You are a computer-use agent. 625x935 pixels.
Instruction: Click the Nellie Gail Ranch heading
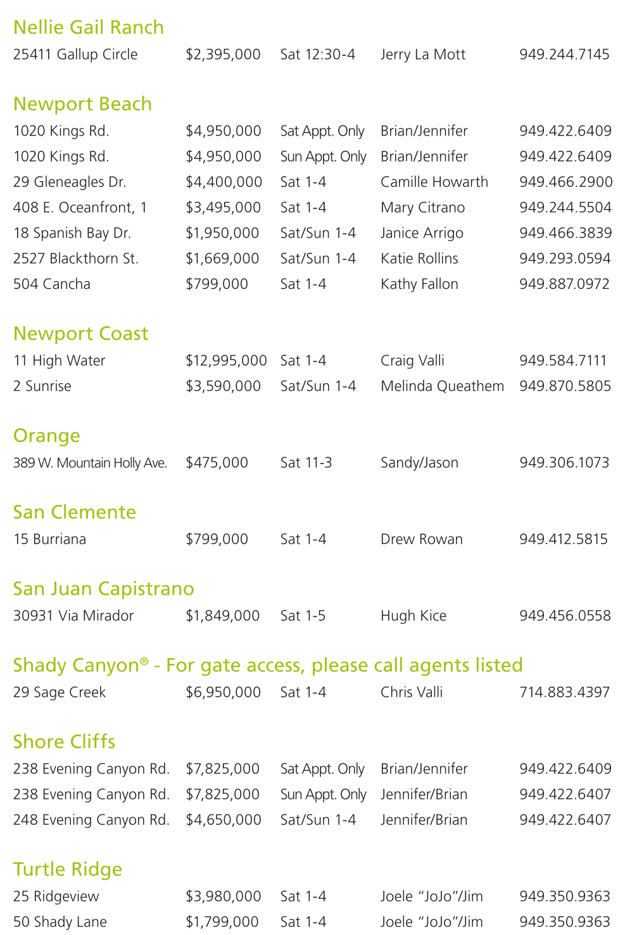click(88, 27)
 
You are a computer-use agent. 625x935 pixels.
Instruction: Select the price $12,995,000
click(226, 361)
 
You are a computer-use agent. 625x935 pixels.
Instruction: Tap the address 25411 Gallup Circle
click(75, 54)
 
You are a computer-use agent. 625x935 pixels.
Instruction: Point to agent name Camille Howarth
click(434, 182)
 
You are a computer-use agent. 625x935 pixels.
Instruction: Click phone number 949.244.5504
click(565, 208)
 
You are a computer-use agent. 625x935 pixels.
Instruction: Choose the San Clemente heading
click(74, 512)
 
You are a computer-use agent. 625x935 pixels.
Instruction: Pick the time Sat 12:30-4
click(317, 54)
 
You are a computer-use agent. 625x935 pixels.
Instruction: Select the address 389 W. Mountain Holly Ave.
click(90, 463)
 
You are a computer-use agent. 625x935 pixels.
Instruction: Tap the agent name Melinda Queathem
click(442, 386)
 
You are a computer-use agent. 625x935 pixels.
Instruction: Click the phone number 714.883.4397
click(564, 692)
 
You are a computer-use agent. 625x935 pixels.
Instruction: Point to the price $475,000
click(217, 463)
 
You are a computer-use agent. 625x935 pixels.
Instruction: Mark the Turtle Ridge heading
click(67, 869)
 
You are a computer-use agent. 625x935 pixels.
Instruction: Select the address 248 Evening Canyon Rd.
click(91, 820)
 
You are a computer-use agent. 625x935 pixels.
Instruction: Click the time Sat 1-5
click(303, 616)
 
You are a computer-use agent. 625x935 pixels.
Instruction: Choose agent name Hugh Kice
click(413, 616)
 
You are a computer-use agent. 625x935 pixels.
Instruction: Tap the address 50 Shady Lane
click(60, 922)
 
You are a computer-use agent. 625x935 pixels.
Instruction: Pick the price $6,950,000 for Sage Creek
click(223, 692)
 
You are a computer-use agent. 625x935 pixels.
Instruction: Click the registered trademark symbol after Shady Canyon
click(144, 661)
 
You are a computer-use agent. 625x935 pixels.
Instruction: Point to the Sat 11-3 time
click(306, 463)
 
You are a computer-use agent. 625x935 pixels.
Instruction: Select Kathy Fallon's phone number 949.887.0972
click(564, 284)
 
